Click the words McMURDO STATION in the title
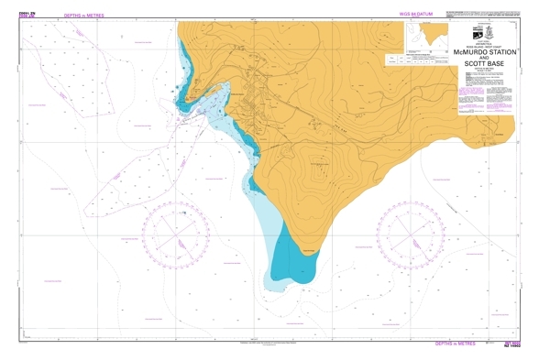point(486,53)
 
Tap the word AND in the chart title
point(486,59)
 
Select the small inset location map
point(428,36)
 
